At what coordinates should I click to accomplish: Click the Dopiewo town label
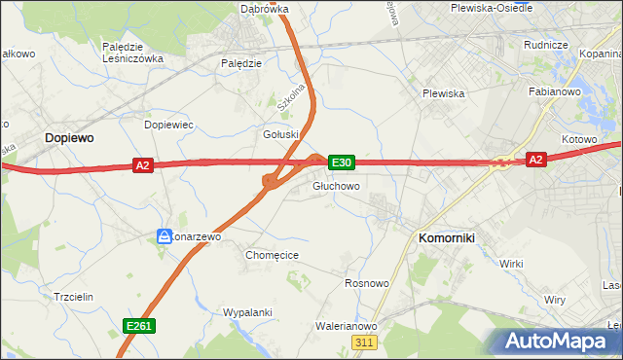point(69,139)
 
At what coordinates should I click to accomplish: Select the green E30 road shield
point(341,162)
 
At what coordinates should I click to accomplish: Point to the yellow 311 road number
point(365,342)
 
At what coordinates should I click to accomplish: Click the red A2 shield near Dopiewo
point(143,165)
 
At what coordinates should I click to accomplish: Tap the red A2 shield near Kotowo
point(535,159)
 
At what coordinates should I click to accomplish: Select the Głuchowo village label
point(337,186)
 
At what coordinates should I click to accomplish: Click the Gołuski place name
point(279,134)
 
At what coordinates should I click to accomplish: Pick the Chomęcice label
point(272,255)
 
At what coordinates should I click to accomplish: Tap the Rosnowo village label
point(367,283)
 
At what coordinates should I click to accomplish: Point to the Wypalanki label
point(248,312)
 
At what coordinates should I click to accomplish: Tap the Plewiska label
point(443,93)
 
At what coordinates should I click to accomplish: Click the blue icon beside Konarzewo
point(165,235)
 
